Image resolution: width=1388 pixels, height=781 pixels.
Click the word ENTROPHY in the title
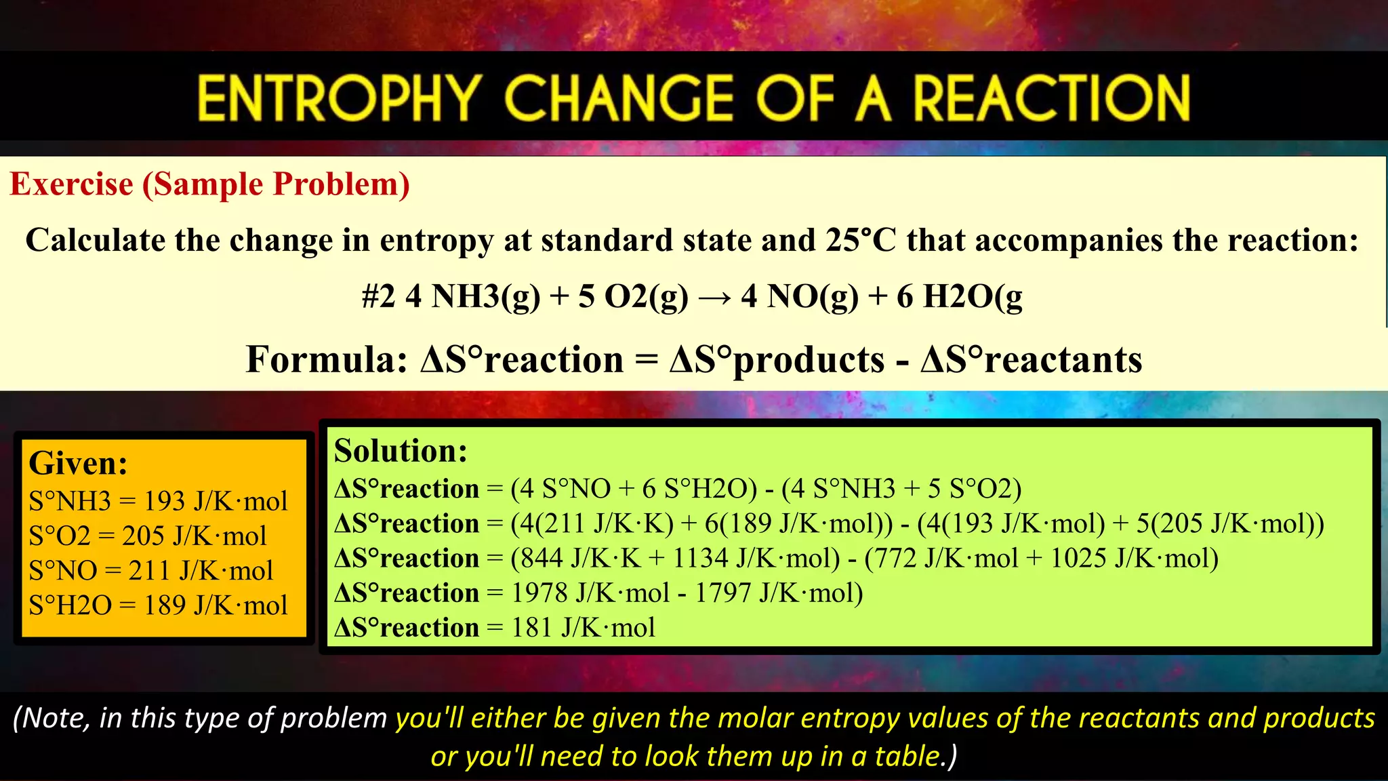tap(339, 98)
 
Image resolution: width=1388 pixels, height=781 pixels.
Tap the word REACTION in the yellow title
tap(1051, 98)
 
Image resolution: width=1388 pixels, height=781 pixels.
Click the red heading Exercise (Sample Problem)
tap(209, 184)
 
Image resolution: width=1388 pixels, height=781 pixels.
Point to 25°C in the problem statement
tap(860, 240)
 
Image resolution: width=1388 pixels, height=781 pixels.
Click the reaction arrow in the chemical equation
tap(715, 297)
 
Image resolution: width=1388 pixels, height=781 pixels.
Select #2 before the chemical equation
tap(378, 296)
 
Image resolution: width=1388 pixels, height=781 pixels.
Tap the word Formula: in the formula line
tap(326, 359)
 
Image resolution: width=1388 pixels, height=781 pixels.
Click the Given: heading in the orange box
tap(78, 464)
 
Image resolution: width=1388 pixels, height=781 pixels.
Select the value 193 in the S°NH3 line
tap(164, 502)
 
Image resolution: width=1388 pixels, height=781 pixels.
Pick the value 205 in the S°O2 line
tap(142, 536)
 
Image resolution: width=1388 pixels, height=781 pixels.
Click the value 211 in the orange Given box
tap(149, 571)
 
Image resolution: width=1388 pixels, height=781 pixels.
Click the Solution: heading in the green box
tap(401, 451)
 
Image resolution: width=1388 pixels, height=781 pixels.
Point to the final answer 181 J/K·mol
tap(583, 628)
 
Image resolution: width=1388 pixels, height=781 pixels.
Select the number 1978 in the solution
tap(539, 593)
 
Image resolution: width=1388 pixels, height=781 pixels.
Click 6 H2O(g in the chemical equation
tap(959, 296)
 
